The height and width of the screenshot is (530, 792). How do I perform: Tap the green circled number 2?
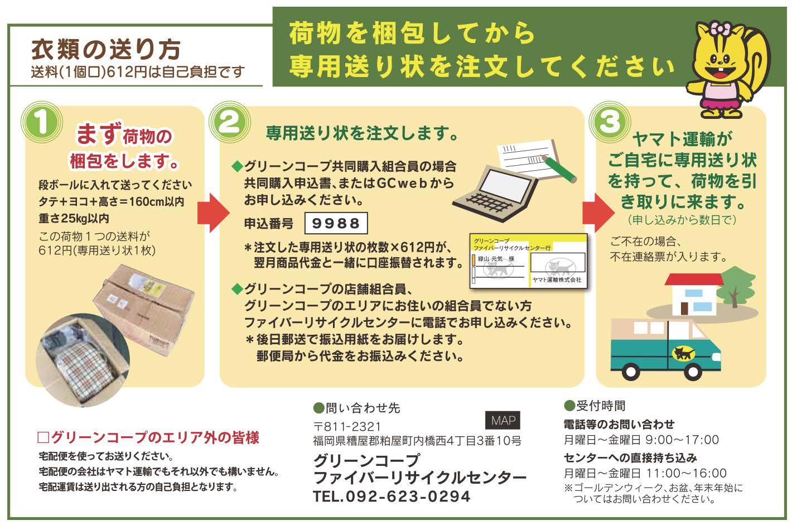point(229,122)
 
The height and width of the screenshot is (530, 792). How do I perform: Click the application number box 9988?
point(336,223)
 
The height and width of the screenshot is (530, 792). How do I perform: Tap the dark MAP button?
point(503,420)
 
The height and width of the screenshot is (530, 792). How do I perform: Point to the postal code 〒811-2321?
point(347,426)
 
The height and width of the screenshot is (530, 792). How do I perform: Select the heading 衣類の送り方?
point(106,49)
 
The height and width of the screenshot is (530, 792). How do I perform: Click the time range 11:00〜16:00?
point(686,473)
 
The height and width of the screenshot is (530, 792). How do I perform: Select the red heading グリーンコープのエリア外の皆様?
point(148,438)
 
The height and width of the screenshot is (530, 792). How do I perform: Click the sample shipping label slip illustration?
point(528,261)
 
